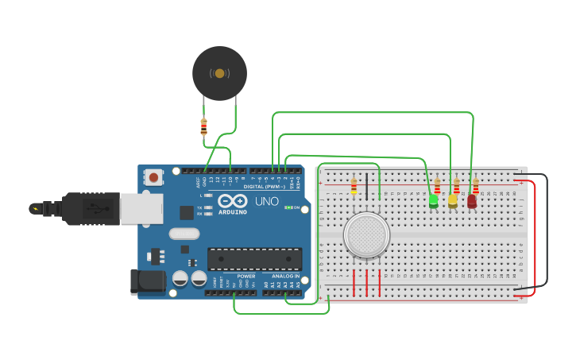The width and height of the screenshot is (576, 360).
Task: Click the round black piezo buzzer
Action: pyautogui.click(x=219, y=73)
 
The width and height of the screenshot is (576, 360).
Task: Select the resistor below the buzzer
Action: pyautogui.click(x=203, y=126)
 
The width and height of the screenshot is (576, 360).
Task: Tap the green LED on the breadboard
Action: pyautogui.click(x=433, y=202)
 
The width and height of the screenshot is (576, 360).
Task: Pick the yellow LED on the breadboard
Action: pyautogui.click(x=453, y=202)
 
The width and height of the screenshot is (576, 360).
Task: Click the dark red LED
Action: pyautogui.click(x=472, y=202)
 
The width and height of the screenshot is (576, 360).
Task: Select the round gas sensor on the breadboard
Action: pyautogui.click(x=366, y=235)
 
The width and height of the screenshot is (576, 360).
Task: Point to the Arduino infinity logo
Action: pyautogui.click(x=232, y=201)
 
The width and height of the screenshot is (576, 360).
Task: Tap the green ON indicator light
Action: pyautogui.click(x=288, y=207)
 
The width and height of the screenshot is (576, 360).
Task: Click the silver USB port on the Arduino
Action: pyautogui.click(x=141, y=209)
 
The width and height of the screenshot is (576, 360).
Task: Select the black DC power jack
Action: pyautogui.click(x=147, y=281)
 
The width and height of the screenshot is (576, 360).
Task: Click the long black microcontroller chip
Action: pyautogui.click(x=254, y=259)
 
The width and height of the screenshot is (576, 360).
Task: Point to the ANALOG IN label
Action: pyautogui.click(x=285, y=276)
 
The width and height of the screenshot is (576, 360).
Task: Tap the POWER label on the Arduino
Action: pyautogui.click(x=246, y=276)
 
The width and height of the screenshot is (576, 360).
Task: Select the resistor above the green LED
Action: pyautogui.click(x=437, y=186)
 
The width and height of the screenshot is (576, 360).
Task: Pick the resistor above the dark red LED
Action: pyautogui.click(x=476, y=186)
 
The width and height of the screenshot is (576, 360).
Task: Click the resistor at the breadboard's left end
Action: pyautogui.click(x=354, y=187)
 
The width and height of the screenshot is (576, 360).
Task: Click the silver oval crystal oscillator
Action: pyautogui.click(x=184, y=234)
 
